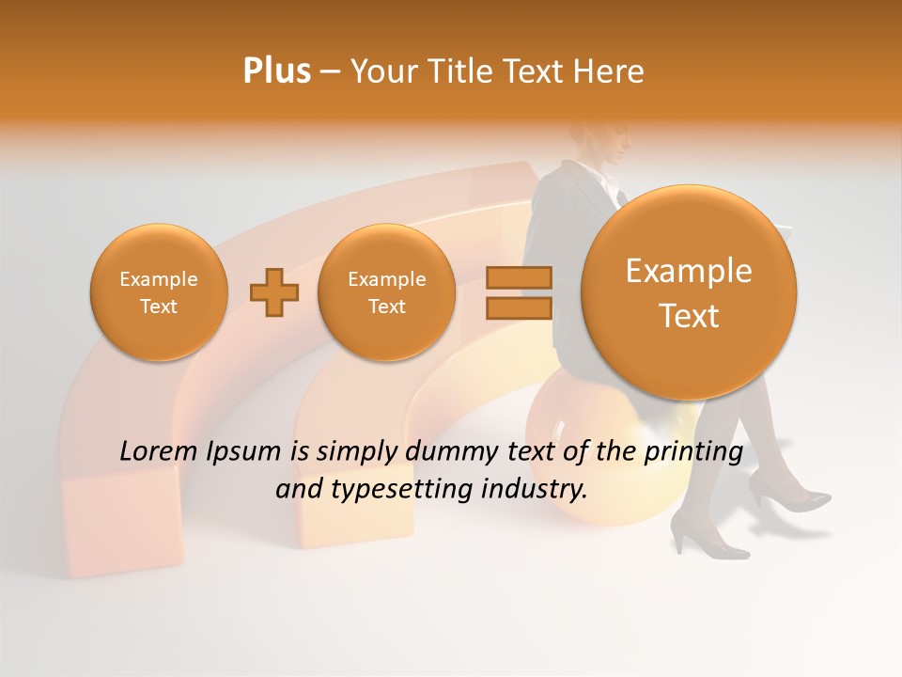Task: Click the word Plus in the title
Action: click(276, 71)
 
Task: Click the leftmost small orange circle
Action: click(159, 292)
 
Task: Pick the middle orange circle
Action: click(387, 292)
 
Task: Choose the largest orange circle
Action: click(689, 292)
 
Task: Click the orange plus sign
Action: click(273, 292)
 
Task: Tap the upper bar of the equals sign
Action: click(519, 277)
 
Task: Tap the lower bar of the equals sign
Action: click(519, 308)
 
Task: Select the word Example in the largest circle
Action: click(689, 272)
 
